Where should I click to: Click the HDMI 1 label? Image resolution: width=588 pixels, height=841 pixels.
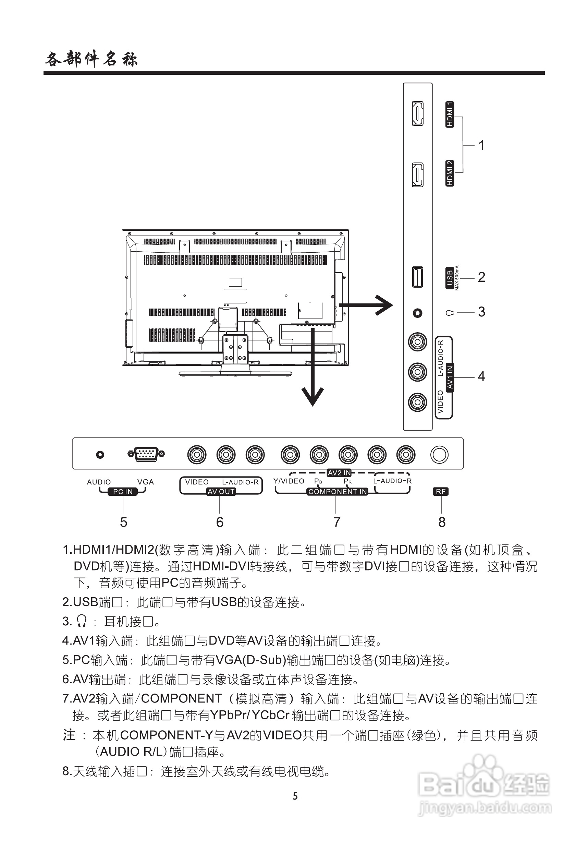450,114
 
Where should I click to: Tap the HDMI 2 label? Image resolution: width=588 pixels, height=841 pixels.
450,173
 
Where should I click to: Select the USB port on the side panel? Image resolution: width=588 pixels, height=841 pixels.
417,277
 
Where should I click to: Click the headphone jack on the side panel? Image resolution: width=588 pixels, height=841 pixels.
417,313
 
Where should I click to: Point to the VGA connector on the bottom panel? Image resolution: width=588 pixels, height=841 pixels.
146,454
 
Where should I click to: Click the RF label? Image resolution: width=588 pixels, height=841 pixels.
440,492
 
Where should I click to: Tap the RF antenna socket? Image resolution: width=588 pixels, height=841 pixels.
439,455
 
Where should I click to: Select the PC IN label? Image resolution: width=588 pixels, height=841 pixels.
123,492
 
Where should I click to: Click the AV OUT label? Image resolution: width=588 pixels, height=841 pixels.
221,492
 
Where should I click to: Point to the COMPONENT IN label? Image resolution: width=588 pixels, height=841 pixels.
337,492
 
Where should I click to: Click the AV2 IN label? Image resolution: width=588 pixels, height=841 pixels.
339,473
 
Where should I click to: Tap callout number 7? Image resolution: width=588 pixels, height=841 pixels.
337,522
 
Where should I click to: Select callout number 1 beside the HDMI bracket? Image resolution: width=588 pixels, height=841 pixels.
481,145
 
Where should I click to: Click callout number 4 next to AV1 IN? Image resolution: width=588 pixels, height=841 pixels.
481,376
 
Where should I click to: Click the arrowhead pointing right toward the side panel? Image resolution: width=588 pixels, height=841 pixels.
384,305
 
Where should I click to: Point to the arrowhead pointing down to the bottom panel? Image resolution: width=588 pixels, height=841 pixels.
313,397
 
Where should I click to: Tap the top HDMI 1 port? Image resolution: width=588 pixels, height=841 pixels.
417,113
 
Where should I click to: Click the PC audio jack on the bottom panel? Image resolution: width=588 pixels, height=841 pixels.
100,455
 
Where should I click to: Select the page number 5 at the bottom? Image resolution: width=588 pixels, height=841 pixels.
295,796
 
